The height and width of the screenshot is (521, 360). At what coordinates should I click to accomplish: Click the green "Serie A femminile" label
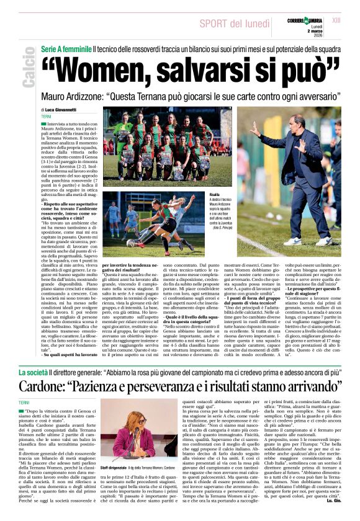66,48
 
